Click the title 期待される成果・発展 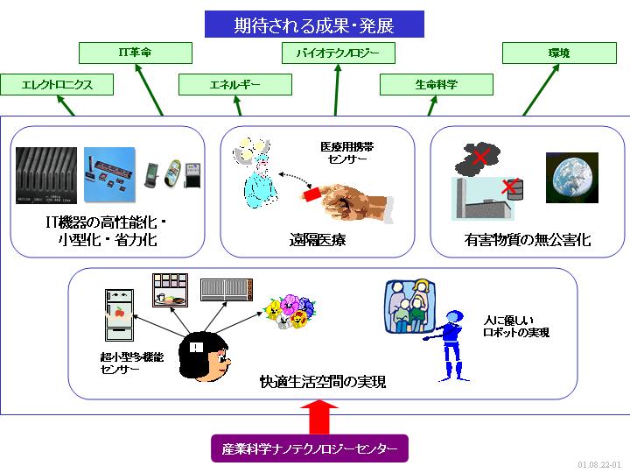coord(314,24)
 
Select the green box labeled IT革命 coord(135,53)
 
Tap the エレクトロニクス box coord(57,85)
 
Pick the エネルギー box coord(235,85)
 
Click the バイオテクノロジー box coord(337,53)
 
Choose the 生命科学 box coord(436,85)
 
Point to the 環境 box coord(558,53)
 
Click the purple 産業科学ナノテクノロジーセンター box coord(310,449)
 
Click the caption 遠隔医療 coord(317,239)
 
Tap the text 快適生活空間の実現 coord(323,382)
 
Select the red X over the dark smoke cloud coord(479,157)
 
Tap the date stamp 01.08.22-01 coord(599,464)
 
